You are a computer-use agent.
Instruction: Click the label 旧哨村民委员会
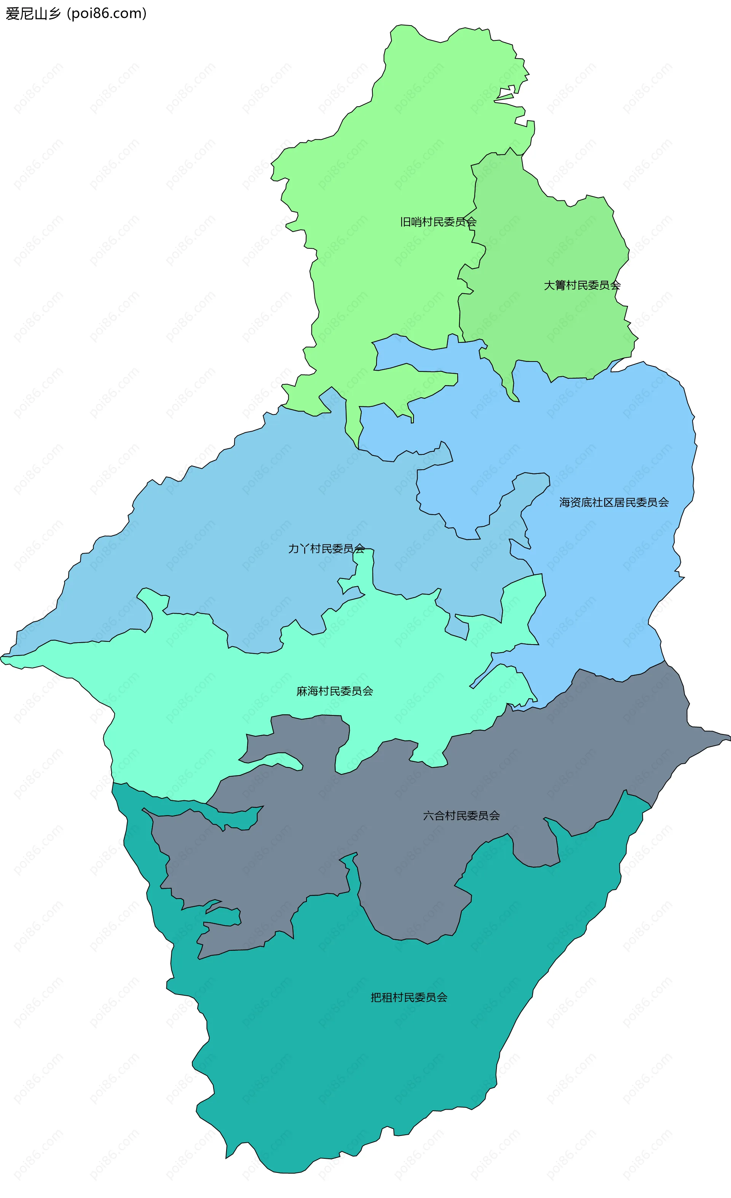tap(438, 222)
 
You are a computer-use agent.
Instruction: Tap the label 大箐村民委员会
tap(582, 285)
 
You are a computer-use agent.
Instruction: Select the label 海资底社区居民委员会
tap(614, 502)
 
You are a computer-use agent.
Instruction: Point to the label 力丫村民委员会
tap(326, 549)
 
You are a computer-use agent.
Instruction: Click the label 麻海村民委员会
tap(334, 691)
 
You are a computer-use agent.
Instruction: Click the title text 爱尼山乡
tap(33, 14)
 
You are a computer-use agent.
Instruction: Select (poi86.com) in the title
tap(107, 14)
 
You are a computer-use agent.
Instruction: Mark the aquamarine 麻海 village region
tap(195, 705)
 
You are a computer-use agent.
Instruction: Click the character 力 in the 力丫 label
tap(294, 549)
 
